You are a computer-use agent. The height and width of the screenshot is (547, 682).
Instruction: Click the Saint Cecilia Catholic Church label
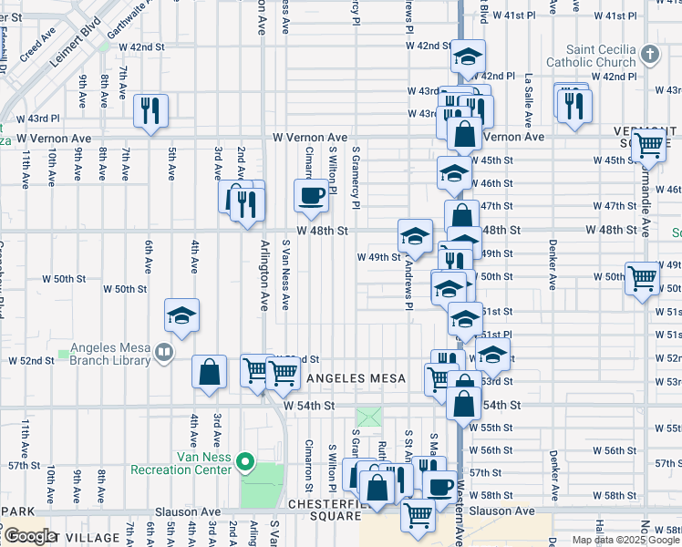click(x=590, y=56)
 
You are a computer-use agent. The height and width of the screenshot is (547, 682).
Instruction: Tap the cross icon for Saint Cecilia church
click(x=648, y=55)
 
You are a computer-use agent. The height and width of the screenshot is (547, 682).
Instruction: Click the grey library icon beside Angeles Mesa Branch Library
click(x=164, y=350)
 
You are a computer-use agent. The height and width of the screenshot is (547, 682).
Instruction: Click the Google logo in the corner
click(x=30, y=535)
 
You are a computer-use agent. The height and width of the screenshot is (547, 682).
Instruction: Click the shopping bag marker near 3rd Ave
click(x=210, y=371)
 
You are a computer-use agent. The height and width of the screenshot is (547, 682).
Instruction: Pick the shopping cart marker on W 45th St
click(x=648, y=144)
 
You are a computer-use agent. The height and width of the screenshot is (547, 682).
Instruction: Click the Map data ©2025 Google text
click(x=626, y=540)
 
